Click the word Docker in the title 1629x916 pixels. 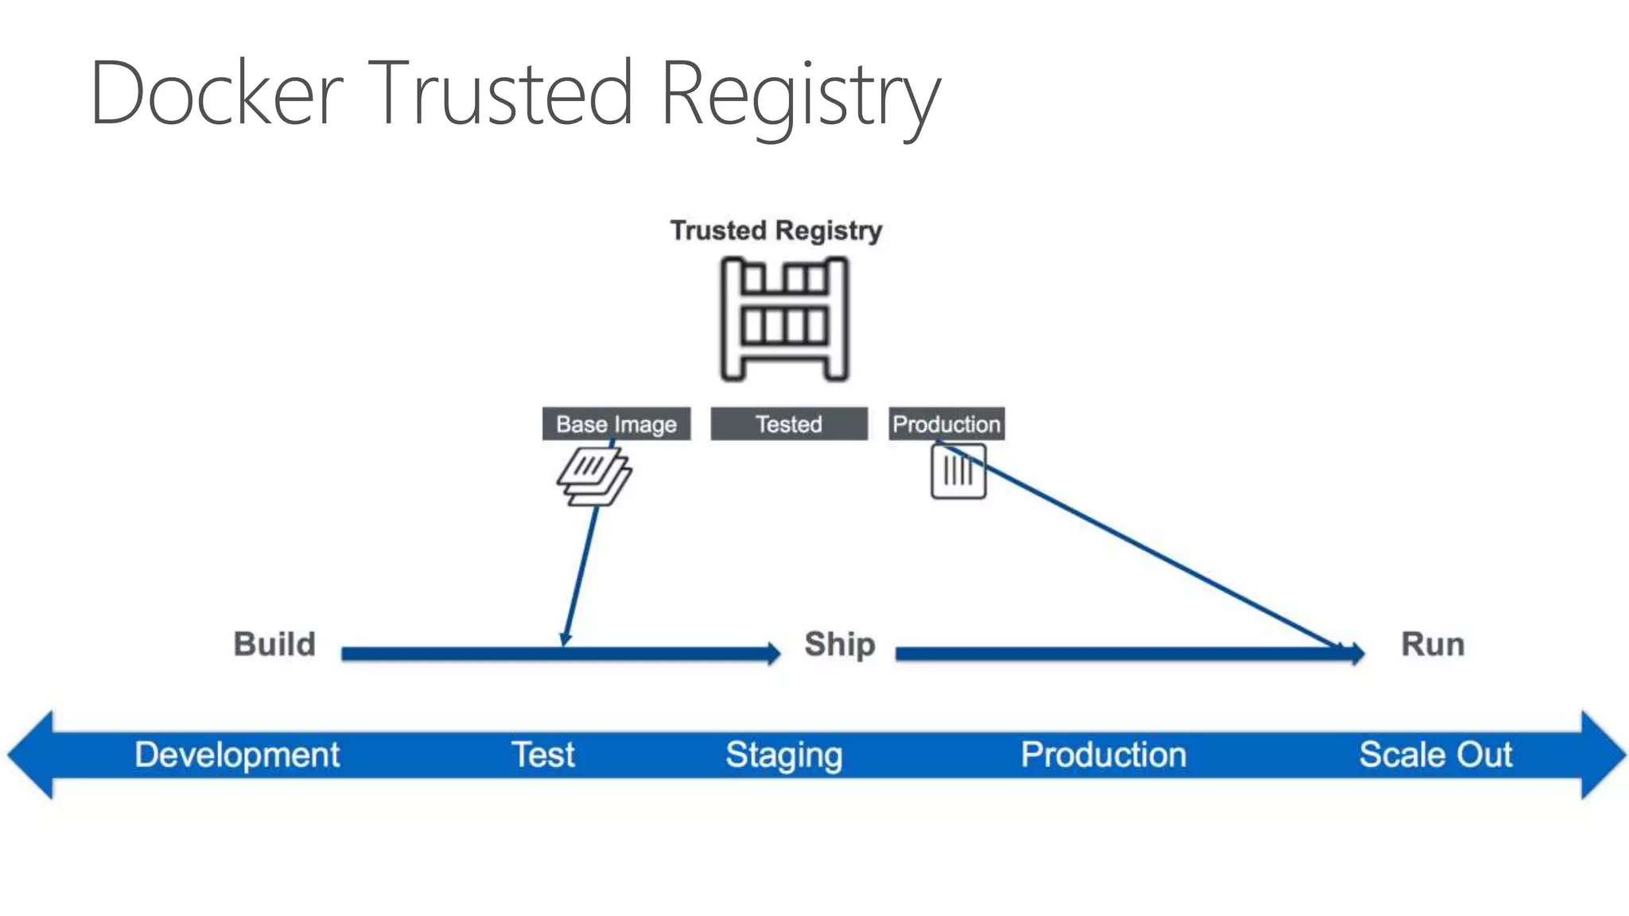point(216,94)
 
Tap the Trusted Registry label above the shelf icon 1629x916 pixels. point(776,231)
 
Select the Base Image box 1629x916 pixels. point(616,424)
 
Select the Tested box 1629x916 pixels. point(788,424)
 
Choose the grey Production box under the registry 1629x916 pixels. point(947,424)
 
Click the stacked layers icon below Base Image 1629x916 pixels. point(593,476)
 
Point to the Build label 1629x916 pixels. point(274,644)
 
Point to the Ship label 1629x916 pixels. point(839,644)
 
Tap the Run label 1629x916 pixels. point(1433,644)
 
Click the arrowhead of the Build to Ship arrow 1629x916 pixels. point(773,654)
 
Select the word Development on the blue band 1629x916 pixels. point(237,755)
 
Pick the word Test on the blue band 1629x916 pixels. point(542,755)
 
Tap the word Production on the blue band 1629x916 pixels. point(1103,755)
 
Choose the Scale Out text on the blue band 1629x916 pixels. point(1435,755)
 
